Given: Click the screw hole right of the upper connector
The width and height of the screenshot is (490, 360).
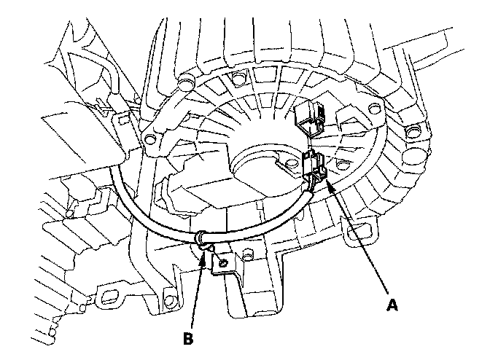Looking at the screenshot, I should [x=374, y=109].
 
